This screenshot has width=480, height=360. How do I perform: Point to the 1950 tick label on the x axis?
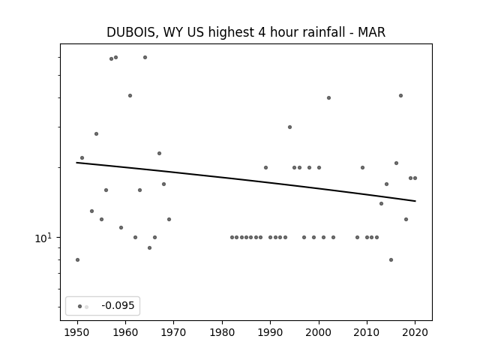point(77,332)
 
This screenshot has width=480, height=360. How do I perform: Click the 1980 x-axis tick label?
point(222,332)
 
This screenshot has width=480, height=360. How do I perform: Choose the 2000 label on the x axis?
point(318,332)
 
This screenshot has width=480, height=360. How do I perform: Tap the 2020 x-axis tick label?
point(415,332)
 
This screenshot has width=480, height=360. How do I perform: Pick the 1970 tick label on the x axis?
point(173,332)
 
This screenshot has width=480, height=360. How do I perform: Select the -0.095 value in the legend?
point(118,305)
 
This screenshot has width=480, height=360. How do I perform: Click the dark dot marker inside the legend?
point(80,307)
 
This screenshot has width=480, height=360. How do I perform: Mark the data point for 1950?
point(77,260)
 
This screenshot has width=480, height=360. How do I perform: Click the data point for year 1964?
point(145,57)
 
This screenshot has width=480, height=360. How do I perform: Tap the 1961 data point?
point(130,95)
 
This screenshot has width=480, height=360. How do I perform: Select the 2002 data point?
point(328,98)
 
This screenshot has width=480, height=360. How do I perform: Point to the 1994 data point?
point(290,127)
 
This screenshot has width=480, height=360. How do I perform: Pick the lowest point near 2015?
point(391,260)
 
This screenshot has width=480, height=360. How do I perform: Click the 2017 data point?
point(400,95)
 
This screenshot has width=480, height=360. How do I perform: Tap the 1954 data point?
point(97,133)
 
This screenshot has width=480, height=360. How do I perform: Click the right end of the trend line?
point(415,201)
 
